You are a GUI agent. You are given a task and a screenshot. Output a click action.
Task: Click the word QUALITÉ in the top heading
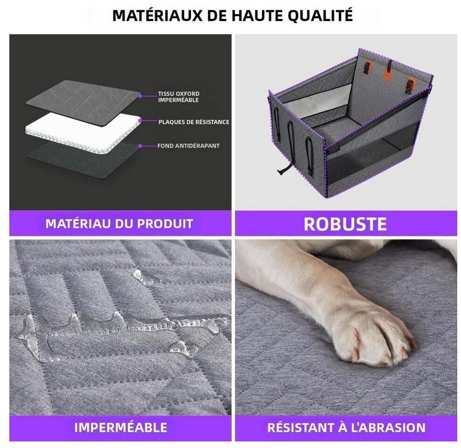point(320,15)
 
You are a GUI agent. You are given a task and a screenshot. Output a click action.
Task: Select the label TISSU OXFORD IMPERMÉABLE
point(178,97)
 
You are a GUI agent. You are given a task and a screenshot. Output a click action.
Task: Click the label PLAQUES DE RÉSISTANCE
point(194,122)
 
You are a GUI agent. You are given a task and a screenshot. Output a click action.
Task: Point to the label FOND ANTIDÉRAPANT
point(189,146)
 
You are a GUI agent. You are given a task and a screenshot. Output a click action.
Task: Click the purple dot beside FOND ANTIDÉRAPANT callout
point(140,146)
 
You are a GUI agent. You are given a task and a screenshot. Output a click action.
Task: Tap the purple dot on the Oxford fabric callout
point(140,96)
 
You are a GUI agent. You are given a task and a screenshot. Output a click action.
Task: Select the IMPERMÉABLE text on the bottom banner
point(120,427)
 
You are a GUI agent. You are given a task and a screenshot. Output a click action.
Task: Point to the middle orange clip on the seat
point(388,75)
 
